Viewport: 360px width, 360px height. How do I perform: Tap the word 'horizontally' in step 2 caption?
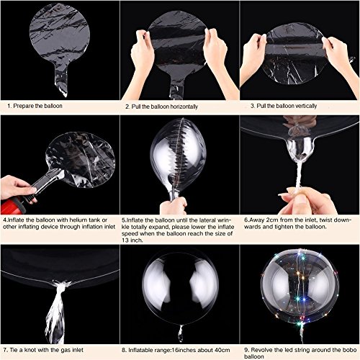[x=182, y=107]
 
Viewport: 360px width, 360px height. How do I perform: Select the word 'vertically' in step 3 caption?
[x=298, y=107]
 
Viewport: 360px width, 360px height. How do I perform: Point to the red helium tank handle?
[x=14, y=192]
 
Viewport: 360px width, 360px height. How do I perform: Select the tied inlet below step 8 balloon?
[x=179, y=315]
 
